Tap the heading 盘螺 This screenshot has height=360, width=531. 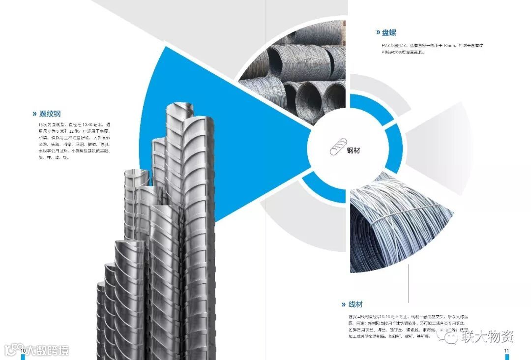(388, 32)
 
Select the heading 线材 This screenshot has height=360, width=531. (355, 304)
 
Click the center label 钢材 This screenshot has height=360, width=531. (353, 150)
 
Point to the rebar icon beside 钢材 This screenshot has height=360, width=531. (337, 148)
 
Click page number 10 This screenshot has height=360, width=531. (23, 350)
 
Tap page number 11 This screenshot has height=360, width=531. (506, 350)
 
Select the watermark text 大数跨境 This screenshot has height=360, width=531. (47, 350)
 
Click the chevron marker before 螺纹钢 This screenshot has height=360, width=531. (34, 114)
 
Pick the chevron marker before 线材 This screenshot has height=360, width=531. (344, 304)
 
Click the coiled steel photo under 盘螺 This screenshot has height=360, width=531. (295, 74)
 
